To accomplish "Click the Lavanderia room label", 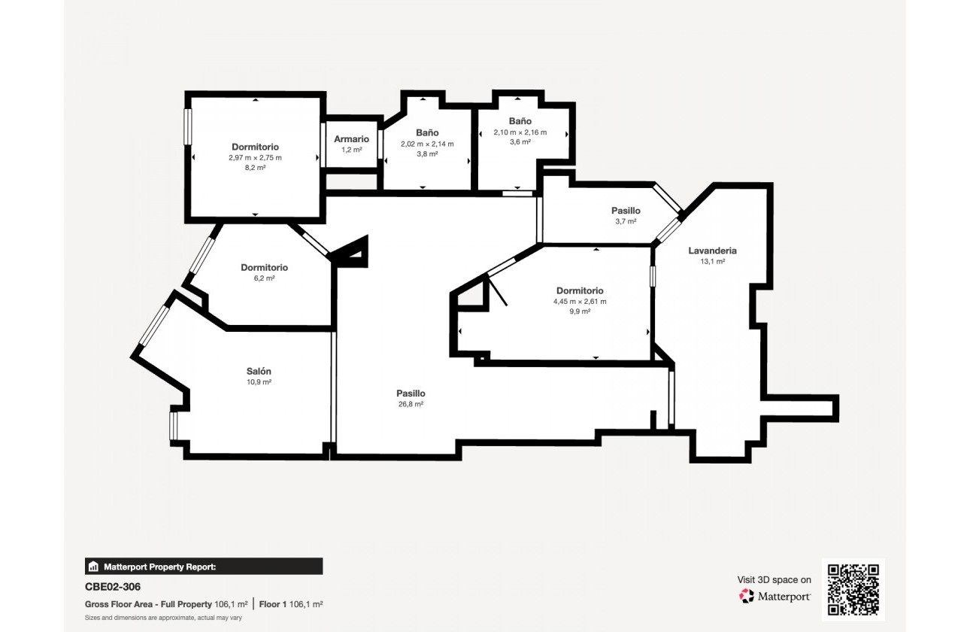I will pyautogui.click(x=712, y=251).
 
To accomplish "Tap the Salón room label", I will pyautogui.click(x=259, y=371).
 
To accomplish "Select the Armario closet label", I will pyautogui.click(x=351, y=139).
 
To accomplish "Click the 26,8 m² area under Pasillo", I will pyautogui.click(x=411, y=404).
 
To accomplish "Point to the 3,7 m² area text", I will pyautogui.click(x=626, y=221).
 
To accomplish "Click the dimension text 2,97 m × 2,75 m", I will pyautogui.click(x=255, y=157).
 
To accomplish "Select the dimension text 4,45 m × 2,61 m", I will pyautogui.click(x=579, y=301).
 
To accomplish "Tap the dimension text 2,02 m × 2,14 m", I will pyautogui.click(x=427, y=144).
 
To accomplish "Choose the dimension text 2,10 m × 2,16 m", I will pyautogui.click(x=520, y=132).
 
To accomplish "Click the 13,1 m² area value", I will pyautogui.click(x=712, y=262).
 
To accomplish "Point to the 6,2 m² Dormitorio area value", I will pyautogui.click(x=264, y=278).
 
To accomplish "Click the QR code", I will pyautogui.click(x=853, y=590).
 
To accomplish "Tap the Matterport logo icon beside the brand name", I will pyautogui.click(x=747, y=596).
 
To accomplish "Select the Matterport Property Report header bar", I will pyautogui.click(x=204, y=567).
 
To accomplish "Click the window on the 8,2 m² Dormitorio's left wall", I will pyautogui.click(x=188, y=126).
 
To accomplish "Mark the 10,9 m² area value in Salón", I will pyautogui.click(x=259, y=382).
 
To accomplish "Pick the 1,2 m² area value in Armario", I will pyautogui.click(x=351, y=150).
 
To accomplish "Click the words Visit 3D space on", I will pyautogui.click(x=774, y=579).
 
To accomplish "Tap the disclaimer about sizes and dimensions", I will pyautogui.click(x=163, y=618).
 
